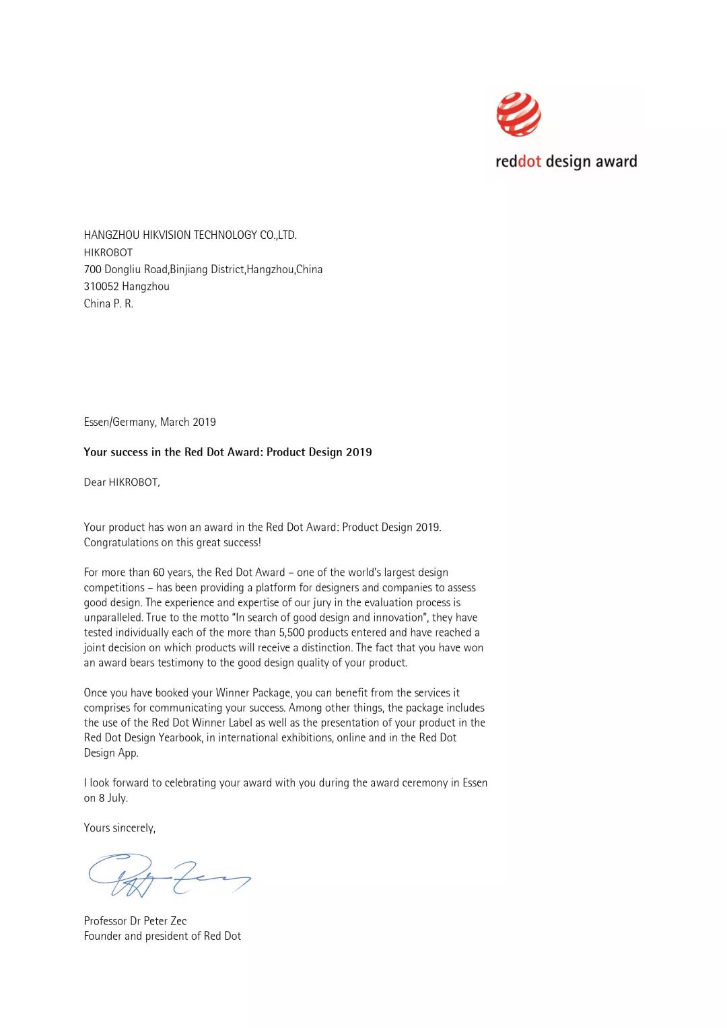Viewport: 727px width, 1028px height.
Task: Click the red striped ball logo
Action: point(518,114)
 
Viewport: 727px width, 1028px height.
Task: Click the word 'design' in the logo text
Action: point(567,161)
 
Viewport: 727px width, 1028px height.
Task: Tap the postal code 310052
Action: point(100,287)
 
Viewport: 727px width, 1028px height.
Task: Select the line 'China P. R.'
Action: point(108,303)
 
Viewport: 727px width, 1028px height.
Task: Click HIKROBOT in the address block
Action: point(108,252)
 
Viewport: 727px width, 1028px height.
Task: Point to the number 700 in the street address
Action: point(92,269)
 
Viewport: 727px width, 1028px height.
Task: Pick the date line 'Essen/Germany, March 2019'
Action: point(149,422)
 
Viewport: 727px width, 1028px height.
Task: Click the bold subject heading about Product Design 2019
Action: point(228,452)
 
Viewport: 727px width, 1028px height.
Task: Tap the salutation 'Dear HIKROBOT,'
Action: point(122,482)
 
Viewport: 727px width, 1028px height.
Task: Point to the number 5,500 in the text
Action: point(293,632)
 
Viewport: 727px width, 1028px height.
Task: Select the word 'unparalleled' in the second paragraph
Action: point(113,618)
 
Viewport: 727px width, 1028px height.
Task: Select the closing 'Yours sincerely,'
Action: point(119,828)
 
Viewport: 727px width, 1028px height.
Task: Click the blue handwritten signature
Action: point(168,875)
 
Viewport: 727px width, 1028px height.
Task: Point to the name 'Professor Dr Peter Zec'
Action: point(135,921)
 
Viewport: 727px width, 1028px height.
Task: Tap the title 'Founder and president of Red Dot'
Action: point(162,936)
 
